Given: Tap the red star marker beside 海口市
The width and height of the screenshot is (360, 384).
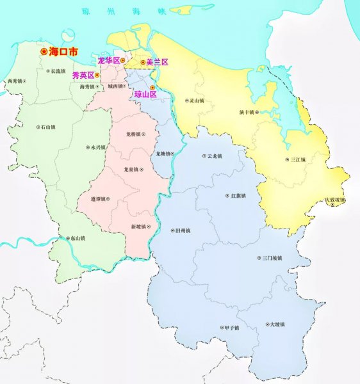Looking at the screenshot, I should tap(44, 51).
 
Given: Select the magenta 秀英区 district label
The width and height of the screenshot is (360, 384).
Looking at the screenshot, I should tap(83, 75).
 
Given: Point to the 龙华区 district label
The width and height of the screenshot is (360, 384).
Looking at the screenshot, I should tap(108, 60).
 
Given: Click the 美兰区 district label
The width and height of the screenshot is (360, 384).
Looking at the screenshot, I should tap(157, 62).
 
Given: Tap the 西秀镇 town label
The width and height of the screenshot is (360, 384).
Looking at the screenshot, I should tap(14, 81).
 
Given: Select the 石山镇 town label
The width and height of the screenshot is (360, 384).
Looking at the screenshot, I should tap(47, 127).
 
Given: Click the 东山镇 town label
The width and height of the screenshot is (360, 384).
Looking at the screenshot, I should tap(76, 238).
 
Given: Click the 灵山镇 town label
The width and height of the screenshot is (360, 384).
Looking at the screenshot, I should tap(195, 100).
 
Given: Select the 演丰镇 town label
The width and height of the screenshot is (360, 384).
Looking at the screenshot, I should tap(247, 112).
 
